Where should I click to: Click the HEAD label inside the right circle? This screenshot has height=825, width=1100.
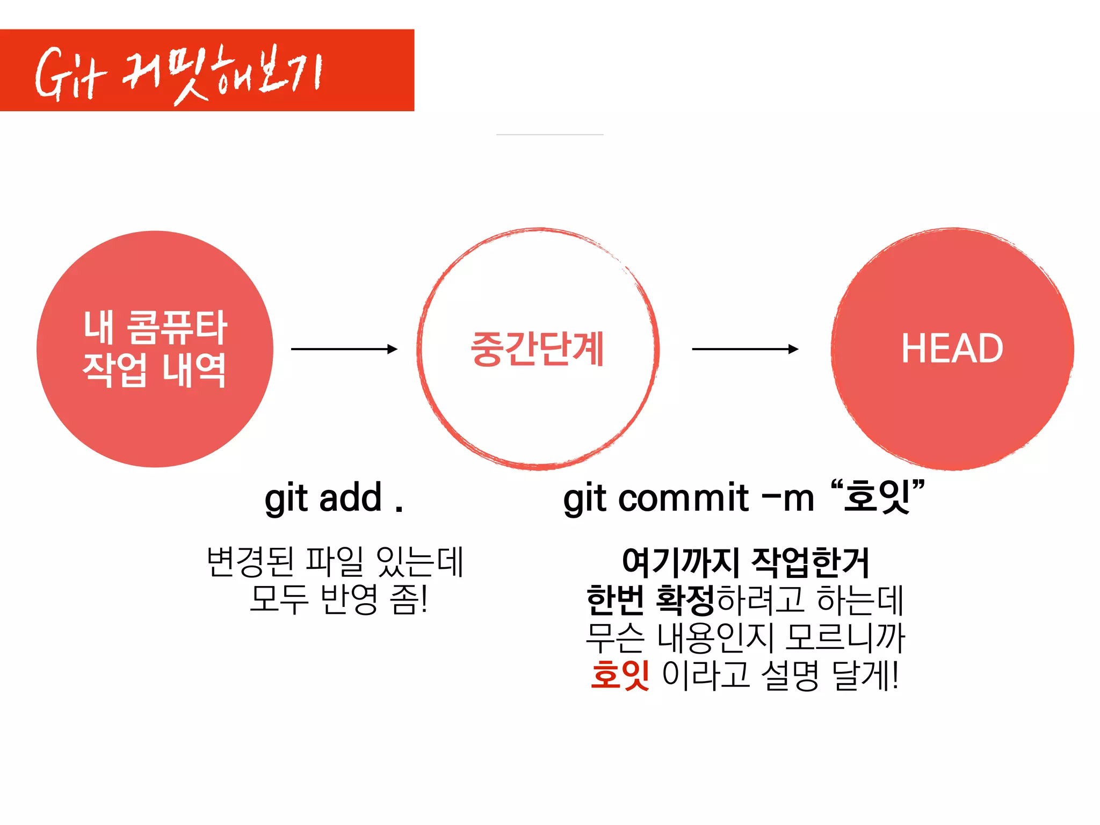click(952, 349)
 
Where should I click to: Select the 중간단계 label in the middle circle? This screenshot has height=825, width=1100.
click(538, 349)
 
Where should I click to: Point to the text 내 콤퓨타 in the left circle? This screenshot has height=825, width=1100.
click(155, 327)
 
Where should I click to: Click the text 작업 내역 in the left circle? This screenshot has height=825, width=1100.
click(154, 370)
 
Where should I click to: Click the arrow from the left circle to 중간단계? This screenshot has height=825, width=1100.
click(344, 349)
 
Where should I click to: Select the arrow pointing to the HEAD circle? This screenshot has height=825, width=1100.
click(745, 349)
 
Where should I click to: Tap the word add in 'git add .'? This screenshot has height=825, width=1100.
click(350, 497)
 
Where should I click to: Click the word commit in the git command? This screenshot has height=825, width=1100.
click(683, 497)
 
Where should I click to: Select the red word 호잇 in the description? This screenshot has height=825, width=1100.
click(620, 675)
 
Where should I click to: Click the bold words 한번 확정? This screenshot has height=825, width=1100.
click(650, 600)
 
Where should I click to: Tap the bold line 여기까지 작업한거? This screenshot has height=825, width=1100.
click(745, 562)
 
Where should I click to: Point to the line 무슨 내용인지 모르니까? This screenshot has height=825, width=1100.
click(745, 638)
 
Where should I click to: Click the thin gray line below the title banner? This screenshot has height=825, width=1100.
click(549, 134)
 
